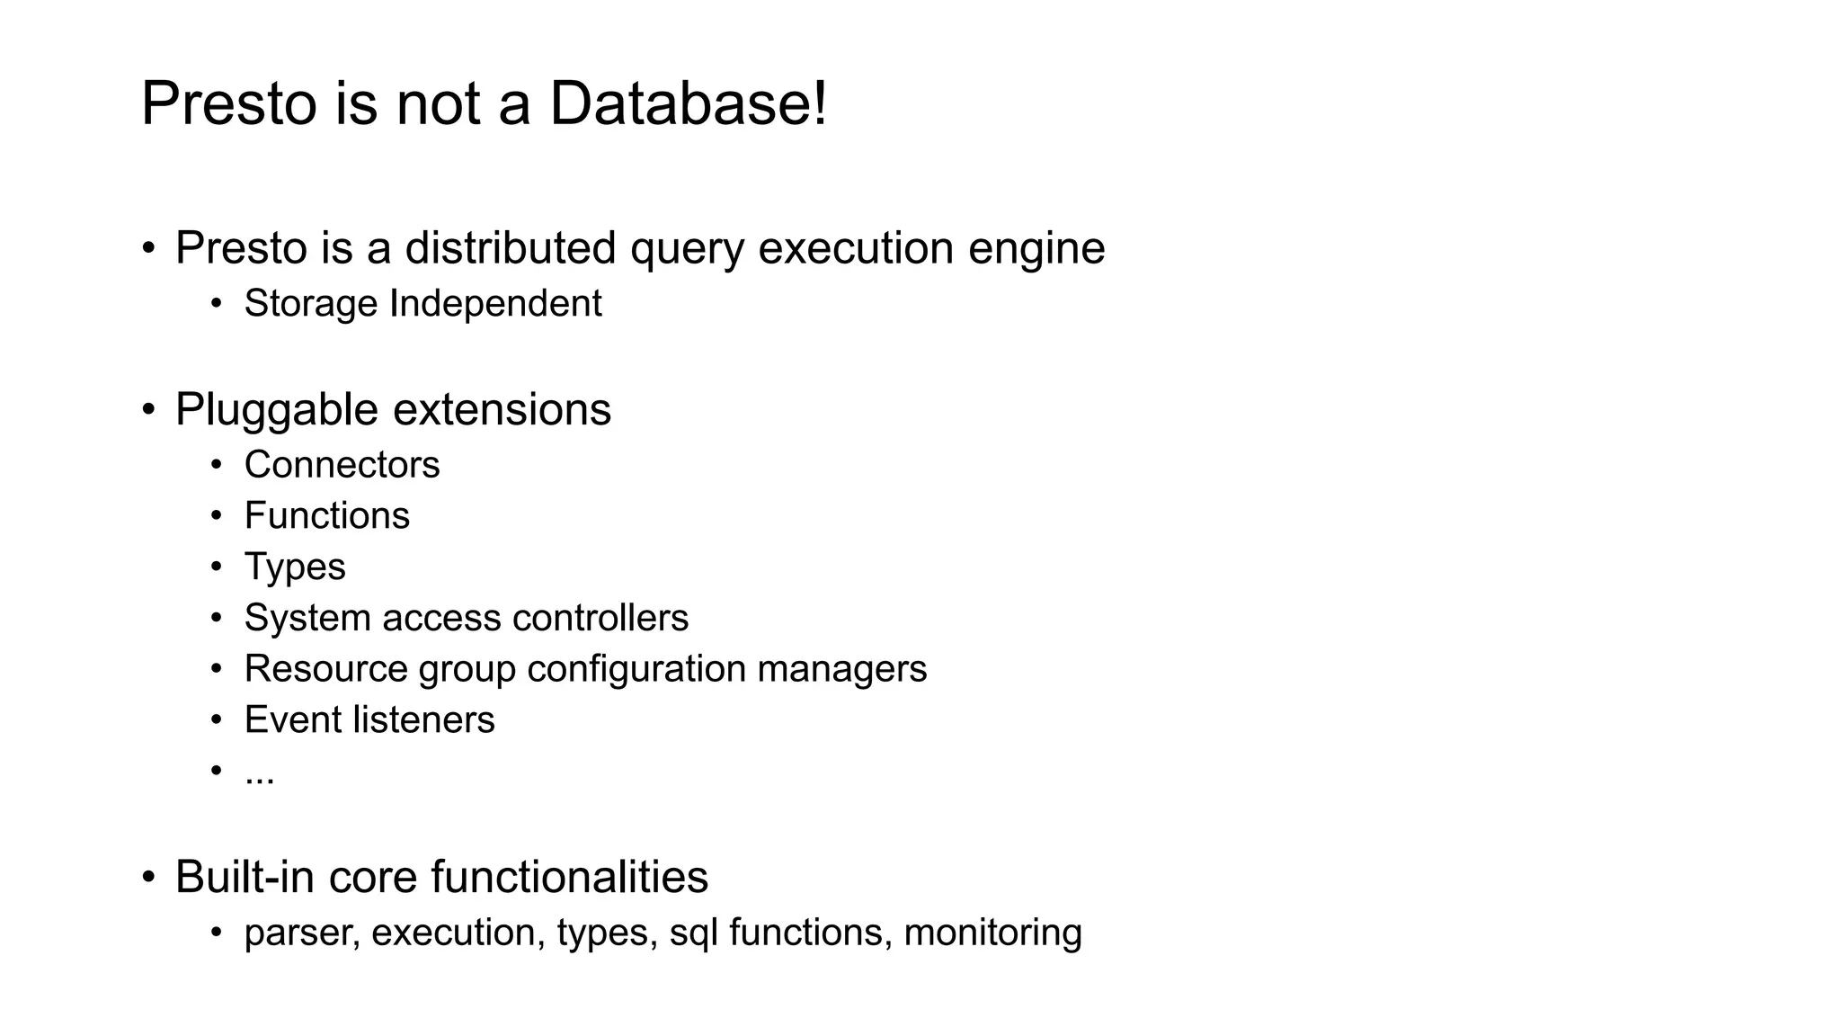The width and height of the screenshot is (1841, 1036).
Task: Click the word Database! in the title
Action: pyautogui.click(x=688, y=103)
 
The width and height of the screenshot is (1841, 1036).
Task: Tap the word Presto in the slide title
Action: pyautogui.click(x=229, y=103)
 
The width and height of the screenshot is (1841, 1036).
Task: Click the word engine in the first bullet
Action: pyautogui.click(x=1036, y=249)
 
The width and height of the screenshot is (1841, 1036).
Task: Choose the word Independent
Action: pyautogui.click(x=495, y=304)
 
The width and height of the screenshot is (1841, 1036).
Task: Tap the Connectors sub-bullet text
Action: pyautogui.click(x=342, y=465)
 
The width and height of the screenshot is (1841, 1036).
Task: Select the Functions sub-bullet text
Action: pyautogui.click(x=326, y=516)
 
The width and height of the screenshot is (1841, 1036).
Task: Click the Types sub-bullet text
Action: pyautogui.click(x=294, y=567)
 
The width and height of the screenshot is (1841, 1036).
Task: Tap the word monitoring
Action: pyautogui.click(x=992, y=933)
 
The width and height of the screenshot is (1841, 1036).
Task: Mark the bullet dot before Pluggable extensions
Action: pyautogui.click(x=149, y=410)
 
